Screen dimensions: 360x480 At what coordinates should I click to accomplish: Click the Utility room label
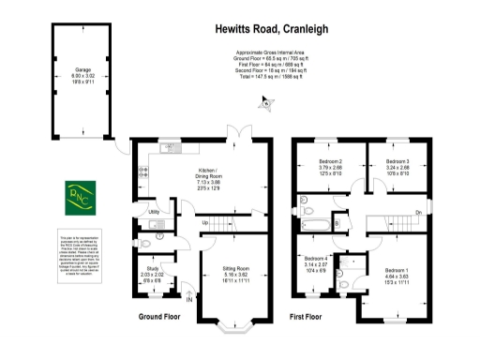pyautogui.click(x=152, y=212)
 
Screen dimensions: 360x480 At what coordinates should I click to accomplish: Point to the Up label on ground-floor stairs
pyautogui.click(x=204, y=222)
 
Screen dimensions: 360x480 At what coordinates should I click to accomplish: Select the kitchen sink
pyautogui.click(x=171, y=145)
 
